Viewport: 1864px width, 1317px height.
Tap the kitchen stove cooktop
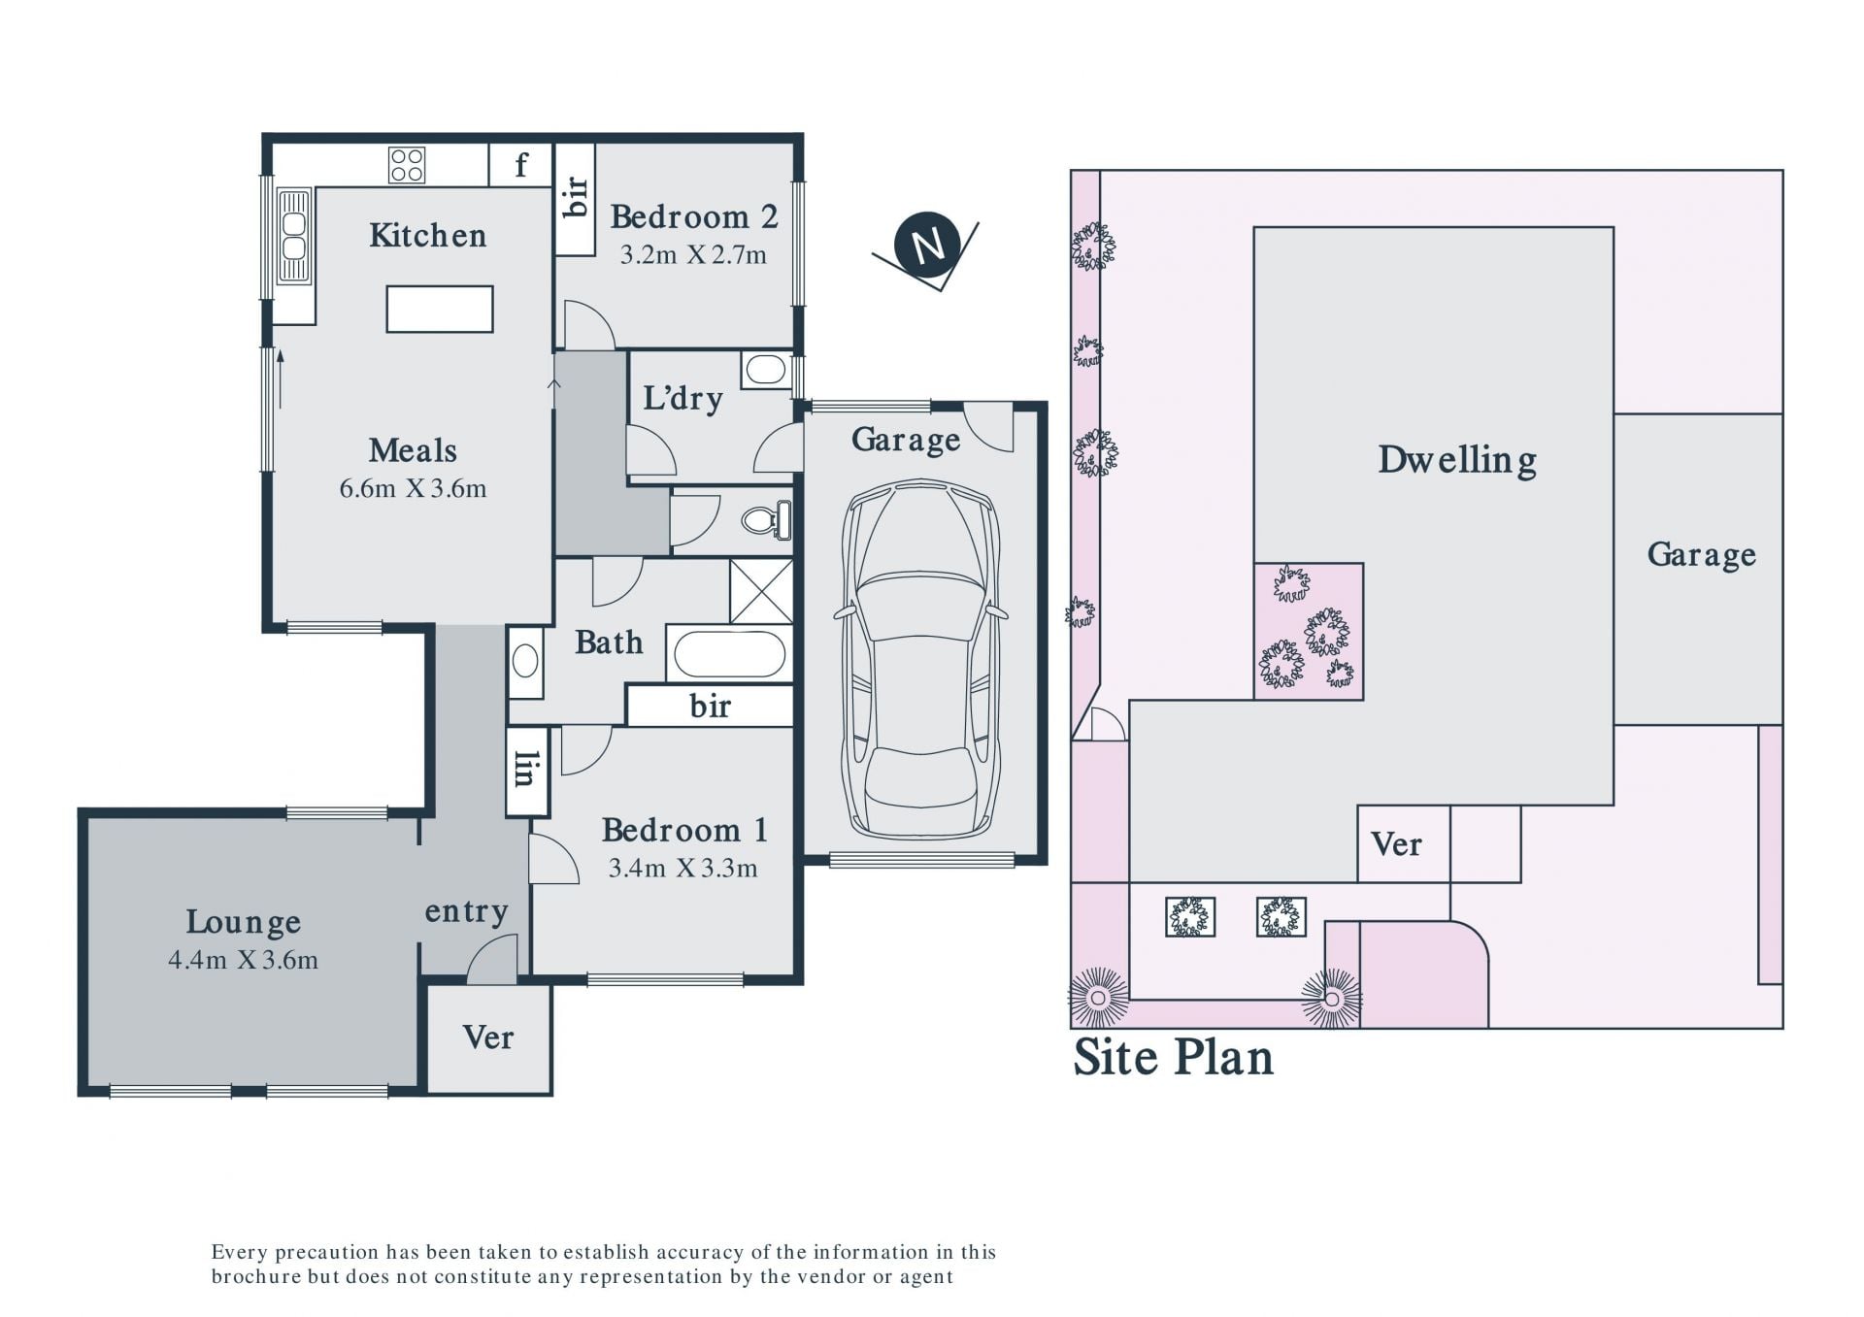[407, 165]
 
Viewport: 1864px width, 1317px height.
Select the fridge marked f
[520, 165]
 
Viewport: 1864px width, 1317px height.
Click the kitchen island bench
[440, 310]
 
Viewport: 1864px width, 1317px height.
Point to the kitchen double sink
[294, 236]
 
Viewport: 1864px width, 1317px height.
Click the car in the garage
[921, 659]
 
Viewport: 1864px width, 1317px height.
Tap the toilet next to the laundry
[767, 520]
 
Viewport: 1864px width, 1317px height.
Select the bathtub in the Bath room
[729, 654]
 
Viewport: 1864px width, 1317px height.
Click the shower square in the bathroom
[761, 591]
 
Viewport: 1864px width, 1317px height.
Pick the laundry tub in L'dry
[767, 370]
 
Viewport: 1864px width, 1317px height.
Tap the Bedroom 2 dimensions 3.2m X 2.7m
[693, 255]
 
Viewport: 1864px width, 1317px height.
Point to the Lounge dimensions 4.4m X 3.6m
[243, 960]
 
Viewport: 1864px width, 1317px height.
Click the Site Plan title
[1173, 1058]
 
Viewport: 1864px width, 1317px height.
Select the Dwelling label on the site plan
[1457, 460]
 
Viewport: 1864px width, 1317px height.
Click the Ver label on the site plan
[1396, 844]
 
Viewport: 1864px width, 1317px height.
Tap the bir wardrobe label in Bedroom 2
[575, 196]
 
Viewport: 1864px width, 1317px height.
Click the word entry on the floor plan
[467, 911]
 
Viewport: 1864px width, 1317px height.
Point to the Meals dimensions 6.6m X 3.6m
[413, 488]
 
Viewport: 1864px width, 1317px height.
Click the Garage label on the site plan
[1701, 554]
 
